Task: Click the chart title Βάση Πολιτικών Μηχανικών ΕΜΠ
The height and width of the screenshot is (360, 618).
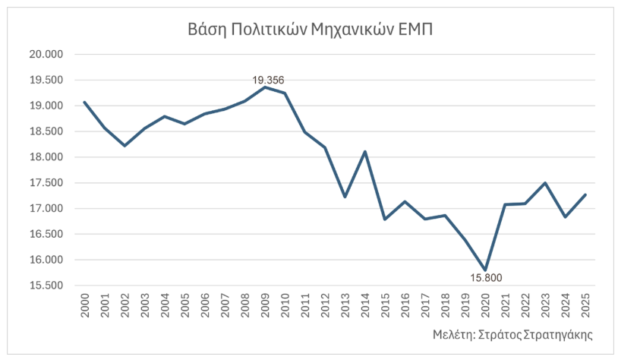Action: pyautogui.click(x=310, y=30)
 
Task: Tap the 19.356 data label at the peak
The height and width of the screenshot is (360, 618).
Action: pyautogui.click(x=268, y=79)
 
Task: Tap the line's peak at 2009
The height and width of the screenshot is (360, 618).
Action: pyautogui.click(x=265, y=87)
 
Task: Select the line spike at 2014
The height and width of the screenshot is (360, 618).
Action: pyautogui.click(x=365, y=152)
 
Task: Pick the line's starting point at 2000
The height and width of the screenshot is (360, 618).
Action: pyautogui.click(x=84, y=102)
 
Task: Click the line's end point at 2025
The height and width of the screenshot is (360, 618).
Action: pyautogui.click(x=585, y=194)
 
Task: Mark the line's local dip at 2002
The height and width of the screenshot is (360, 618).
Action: pyautogui.click(x=125, y=145)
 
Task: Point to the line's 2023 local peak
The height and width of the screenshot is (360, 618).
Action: pyautogui.click(x=545, y=183)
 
